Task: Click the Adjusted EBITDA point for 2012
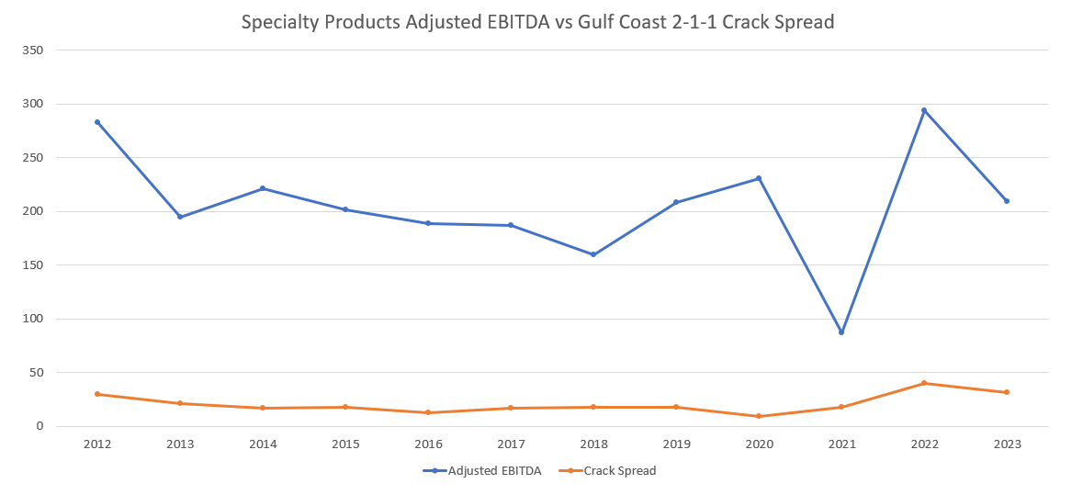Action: (x=97, y=122)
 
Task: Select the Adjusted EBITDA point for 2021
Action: (x=841, y=332)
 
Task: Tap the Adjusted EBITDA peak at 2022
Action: (x=924, y=110)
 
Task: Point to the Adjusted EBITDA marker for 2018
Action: (x=593, y=254)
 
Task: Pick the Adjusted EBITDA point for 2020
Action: (x=759, y=178)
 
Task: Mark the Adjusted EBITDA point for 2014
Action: (x=263, y=188)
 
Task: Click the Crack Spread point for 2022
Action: (x=924, y=383)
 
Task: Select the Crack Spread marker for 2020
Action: (x=759, y=416)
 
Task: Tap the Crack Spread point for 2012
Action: (x=97, y=394)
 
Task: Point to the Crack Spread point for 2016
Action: (x=428, y=412)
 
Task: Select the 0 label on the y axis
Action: (x=39, y=426)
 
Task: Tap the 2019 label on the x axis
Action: (x=676, y=444)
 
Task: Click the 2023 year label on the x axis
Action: (x=1007, y=444)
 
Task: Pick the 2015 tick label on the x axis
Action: (x=345, y=444)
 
